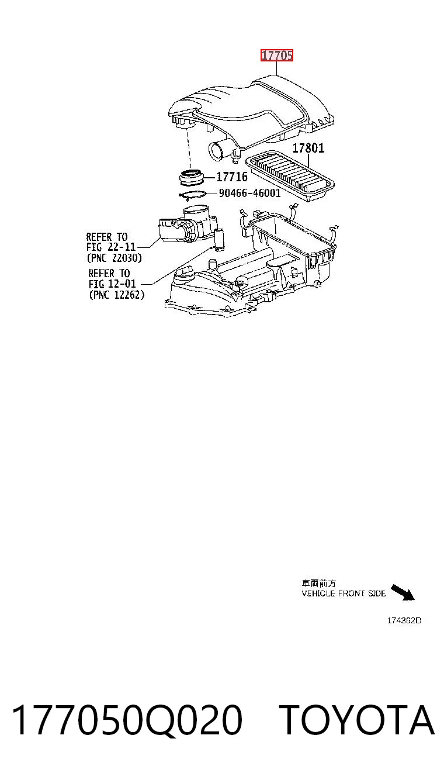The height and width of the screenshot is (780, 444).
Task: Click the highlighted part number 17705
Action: pos(277,56)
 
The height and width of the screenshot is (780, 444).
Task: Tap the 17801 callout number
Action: pos(308,148)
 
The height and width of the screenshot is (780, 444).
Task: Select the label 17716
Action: pos(232,177)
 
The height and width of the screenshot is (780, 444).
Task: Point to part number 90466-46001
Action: pos(249,193)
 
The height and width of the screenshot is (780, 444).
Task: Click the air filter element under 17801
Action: pos(290,177)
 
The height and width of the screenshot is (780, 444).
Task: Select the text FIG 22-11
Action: pos(110,247)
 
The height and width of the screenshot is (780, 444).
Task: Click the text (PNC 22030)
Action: pos(114,258)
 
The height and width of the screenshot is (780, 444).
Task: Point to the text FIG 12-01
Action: pos(112,284)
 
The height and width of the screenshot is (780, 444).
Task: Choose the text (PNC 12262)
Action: pos(117,295)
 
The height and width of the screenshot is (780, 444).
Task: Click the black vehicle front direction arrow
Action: pos(403,592)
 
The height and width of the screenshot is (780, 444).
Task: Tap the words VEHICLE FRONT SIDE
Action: pos(344,593)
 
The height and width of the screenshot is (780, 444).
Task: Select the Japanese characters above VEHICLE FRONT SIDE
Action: pos(318,584)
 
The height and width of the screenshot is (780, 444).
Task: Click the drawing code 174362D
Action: pos(404,620)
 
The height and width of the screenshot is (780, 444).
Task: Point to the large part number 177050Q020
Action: pos(127,720)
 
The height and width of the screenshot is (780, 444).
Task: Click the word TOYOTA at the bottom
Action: pos(357,720)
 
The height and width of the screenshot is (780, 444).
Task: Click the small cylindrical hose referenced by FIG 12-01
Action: pos(219,240)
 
